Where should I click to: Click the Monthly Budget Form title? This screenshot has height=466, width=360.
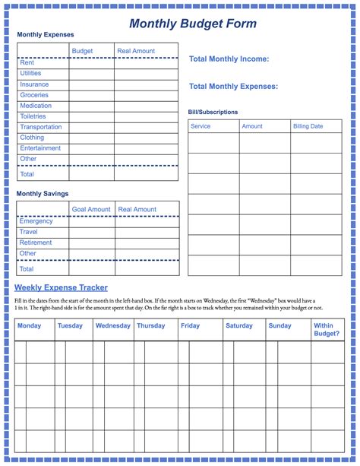(192, 24)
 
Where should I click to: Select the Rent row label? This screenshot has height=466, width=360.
(27, 63)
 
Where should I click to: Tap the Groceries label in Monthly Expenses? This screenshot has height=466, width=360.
(34, 95)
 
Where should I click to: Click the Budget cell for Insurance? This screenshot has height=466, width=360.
(92, 84)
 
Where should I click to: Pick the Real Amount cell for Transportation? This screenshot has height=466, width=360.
(146, 127)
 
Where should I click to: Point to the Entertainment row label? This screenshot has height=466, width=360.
(40, 148)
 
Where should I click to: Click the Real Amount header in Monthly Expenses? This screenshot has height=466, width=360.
(136, 51)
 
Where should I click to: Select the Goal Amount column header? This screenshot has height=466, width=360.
(91, 209)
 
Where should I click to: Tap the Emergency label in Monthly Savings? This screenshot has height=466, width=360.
(36, 221)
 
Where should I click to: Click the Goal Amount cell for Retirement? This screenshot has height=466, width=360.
(92, 243)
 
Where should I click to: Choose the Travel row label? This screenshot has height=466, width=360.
(28, 232)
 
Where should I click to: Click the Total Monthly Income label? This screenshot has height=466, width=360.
(229, 59)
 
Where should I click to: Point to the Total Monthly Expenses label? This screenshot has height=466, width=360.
(233, 86)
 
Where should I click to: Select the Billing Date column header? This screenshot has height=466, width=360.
(308, 126)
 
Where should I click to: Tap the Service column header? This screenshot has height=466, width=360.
(201, 126)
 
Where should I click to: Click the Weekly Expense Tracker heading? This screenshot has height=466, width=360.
(61, 287)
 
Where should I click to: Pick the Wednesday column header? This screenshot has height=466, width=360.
(112, 325)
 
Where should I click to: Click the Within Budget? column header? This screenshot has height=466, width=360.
(327, 329)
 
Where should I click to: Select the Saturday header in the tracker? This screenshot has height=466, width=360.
(239, 325)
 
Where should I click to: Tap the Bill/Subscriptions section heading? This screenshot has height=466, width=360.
(213, 112)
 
